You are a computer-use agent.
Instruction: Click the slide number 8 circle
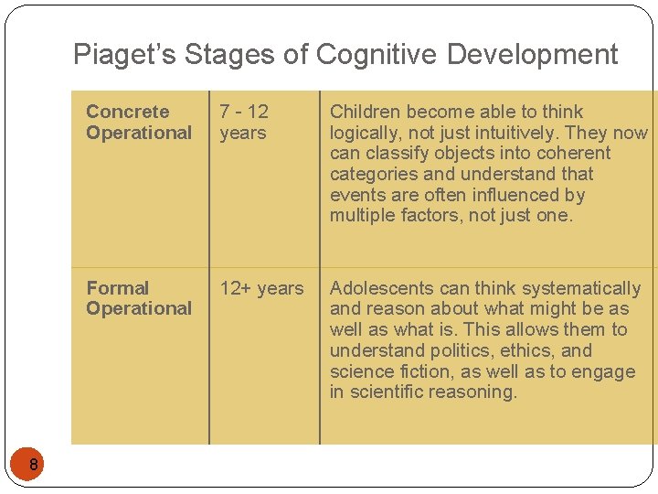point(33,467)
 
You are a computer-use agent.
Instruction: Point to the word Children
point(365,112)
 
